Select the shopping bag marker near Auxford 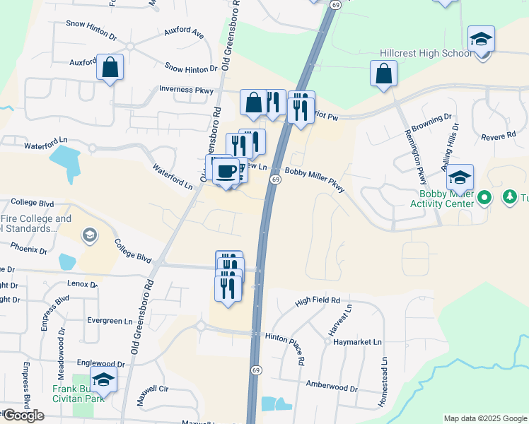click(x=110, y=69)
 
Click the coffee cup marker click(x=226, y=172)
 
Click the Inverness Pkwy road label click(x=186, y=89)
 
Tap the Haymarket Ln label click(x=357, y=342)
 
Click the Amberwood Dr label click(x=332, y=387)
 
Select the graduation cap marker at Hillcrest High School click(x=481, y=40)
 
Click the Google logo click(x=23, y=416)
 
